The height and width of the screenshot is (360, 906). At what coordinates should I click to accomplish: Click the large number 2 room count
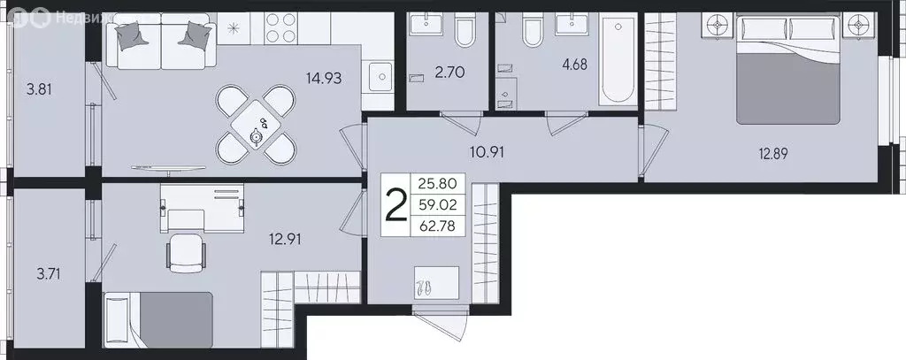pyautogui.click(x=396, y=206)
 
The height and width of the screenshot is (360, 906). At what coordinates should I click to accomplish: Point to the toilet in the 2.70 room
pyautogui.click(x=464, y=33)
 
